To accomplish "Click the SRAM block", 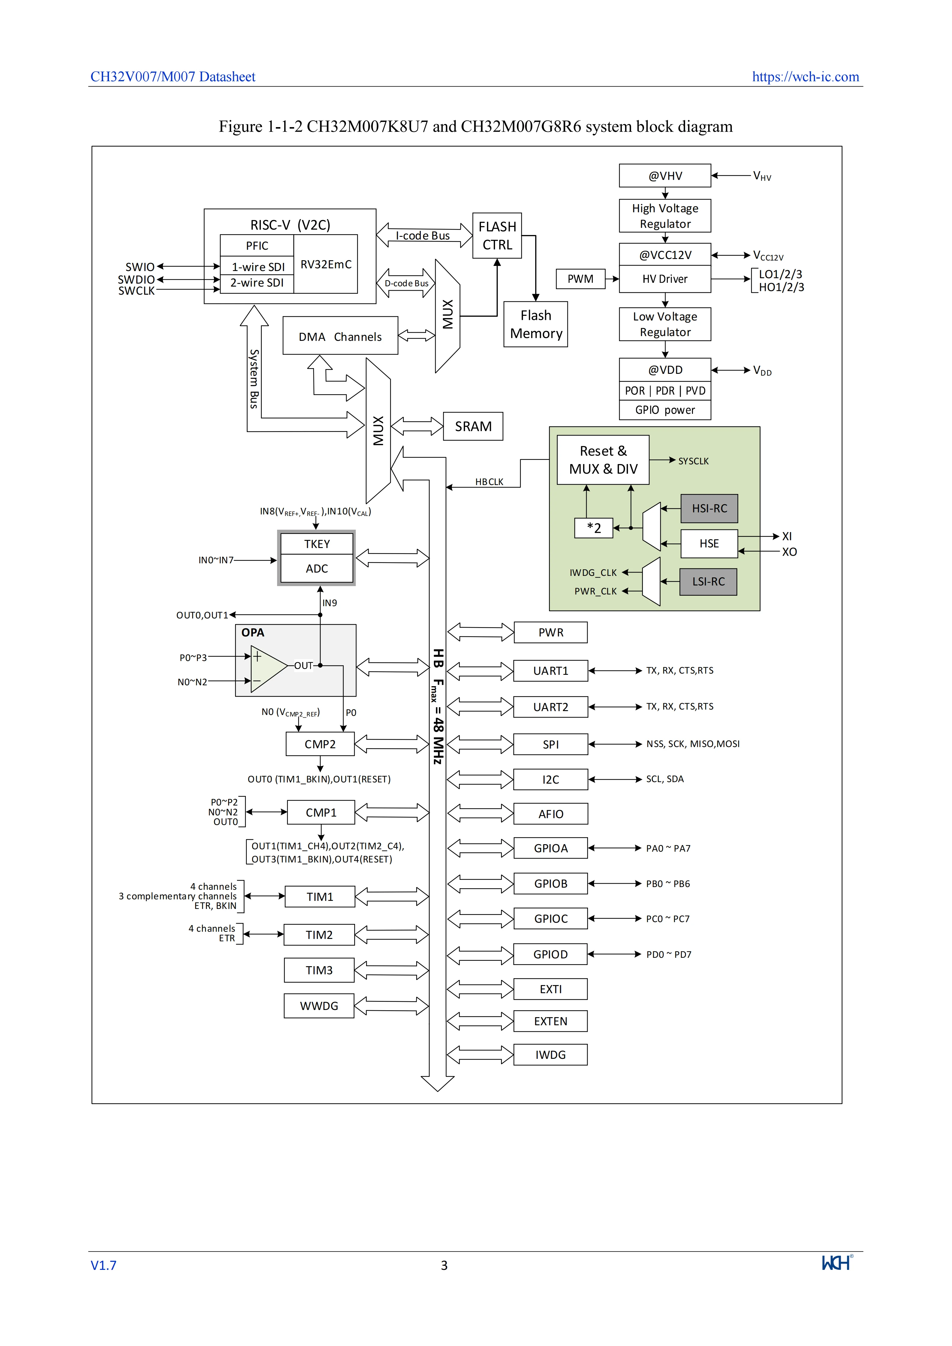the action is pyautogui.click(x=473, y=426).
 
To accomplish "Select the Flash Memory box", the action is pyautogui.click(x=536, y=324).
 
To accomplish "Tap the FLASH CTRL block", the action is pyautogui.click(x=497, y=236).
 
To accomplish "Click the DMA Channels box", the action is pyautogui.click(x=340, y=336).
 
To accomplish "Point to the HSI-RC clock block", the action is pyautogui.click(x=709, y=508).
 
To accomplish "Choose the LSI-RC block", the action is pyautogui.click(x=708, y=582).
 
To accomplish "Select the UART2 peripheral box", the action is pyautogui.click(x=551, y=707).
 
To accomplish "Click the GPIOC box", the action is pyautogui.click(x=551, y=919).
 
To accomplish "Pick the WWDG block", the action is pyautogui.click(x=319, y=1006).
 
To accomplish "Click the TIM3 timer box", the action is pyautogui.click(x=319, y=970).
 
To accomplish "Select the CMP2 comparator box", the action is pyautogui.click(x=320, y=744).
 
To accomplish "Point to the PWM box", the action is pyautogui.click(x=580, y=279).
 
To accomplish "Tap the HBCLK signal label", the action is pyautogui.click(x=489, y=482).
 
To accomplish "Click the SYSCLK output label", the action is pyautogui.click(x=694, y=461).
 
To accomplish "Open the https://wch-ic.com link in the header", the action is pyautogui.click(x=805, y=77).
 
